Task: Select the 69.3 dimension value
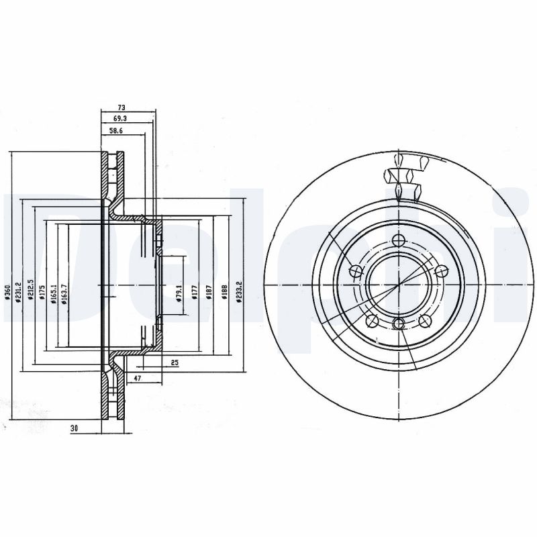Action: point(121,117)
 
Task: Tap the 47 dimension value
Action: point(138,379)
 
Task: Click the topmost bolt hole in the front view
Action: point(399,242)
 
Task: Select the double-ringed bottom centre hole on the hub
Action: point(399,325)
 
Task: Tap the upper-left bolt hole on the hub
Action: point(357,271)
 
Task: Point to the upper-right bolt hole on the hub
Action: point(441,271)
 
